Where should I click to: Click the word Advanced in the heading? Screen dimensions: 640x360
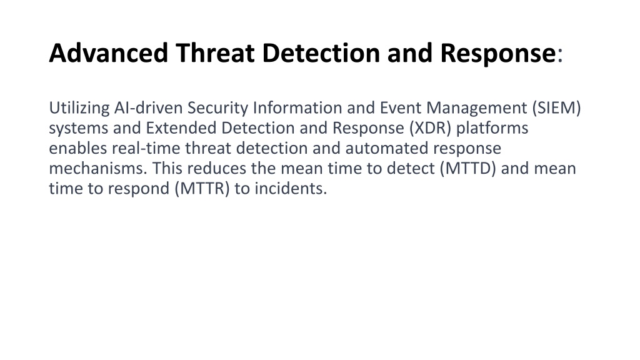point(109,53)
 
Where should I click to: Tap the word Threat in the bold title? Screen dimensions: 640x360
point(216,53)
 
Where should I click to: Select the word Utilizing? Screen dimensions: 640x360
point(79,108)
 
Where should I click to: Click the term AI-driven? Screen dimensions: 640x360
point(148,107)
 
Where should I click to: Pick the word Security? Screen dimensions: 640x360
point(218,108)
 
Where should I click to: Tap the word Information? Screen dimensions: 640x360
point(297,107)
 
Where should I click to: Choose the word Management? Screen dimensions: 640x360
point(477,108)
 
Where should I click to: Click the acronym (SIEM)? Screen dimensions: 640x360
point(556,108)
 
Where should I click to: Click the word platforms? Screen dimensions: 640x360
point(492,129)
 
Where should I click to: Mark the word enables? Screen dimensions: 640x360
point(78,148)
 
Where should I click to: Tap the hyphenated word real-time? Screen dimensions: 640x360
point(146,148)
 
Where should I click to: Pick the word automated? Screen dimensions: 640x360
point(387,148)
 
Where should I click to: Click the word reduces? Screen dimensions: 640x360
point(217,168)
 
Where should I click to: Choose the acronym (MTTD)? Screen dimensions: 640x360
point(467,169)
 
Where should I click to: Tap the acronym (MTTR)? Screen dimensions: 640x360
point(202,189)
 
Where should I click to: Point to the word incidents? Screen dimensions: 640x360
point(291,189)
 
